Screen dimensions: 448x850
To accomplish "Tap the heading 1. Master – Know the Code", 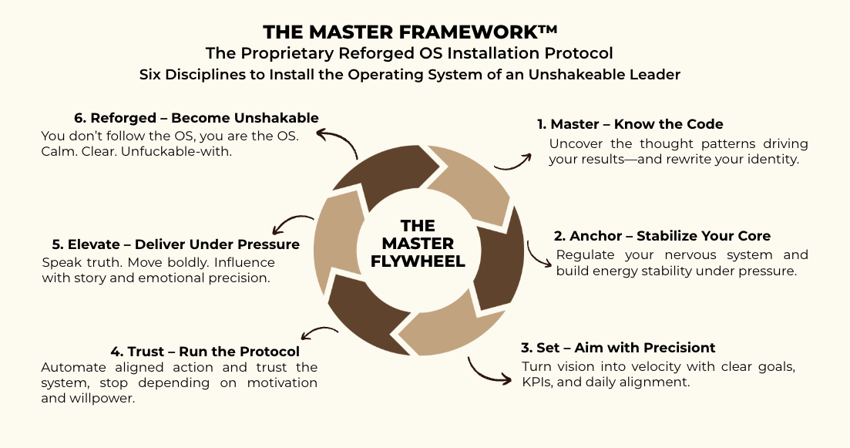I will tap(630, 124).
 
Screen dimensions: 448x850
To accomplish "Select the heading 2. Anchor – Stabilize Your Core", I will tap(662, 236).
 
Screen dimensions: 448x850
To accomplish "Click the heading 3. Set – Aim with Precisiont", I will tap(618, 347).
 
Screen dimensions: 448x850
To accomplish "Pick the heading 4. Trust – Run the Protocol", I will tap(170, 352).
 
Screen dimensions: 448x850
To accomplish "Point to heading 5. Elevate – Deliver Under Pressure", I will tap(170, 244).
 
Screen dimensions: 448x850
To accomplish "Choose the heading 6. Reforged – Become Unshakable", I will tap(197, 118).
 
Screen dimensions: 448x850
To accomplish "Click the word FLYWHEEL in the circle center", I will tap(418, 261).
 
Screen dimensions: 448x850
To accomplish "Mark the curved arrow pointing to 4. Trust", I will tap(317, 333).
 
